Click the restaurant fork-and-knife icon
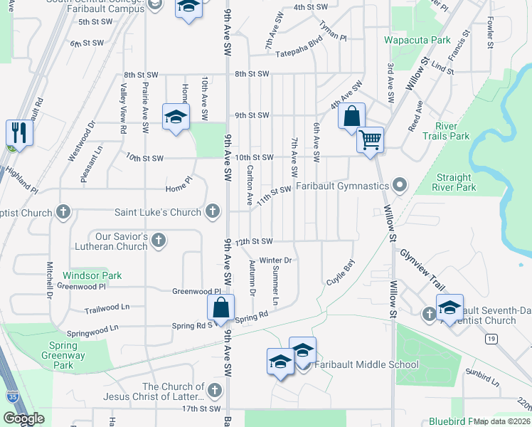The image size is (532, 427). point(18,133)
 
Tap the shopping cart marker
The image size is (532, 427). point(370,139)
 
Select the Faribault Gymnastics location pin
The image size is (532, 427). point(400,186)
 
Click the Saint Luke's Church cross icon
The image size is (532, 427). point(212,211)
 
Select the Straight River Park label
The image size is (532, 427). point(454,182)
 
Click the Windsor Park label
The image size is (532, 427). point(92,275)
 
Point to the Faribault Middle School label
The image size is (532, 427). point(366,365)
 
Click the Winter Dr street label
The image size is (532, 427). point(276,260)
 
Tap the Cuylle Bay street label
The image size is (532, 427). point(340,272)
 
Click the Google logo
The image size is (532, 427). point(23,418)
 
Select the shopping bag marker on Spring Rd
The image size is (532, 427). point(220,308)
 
